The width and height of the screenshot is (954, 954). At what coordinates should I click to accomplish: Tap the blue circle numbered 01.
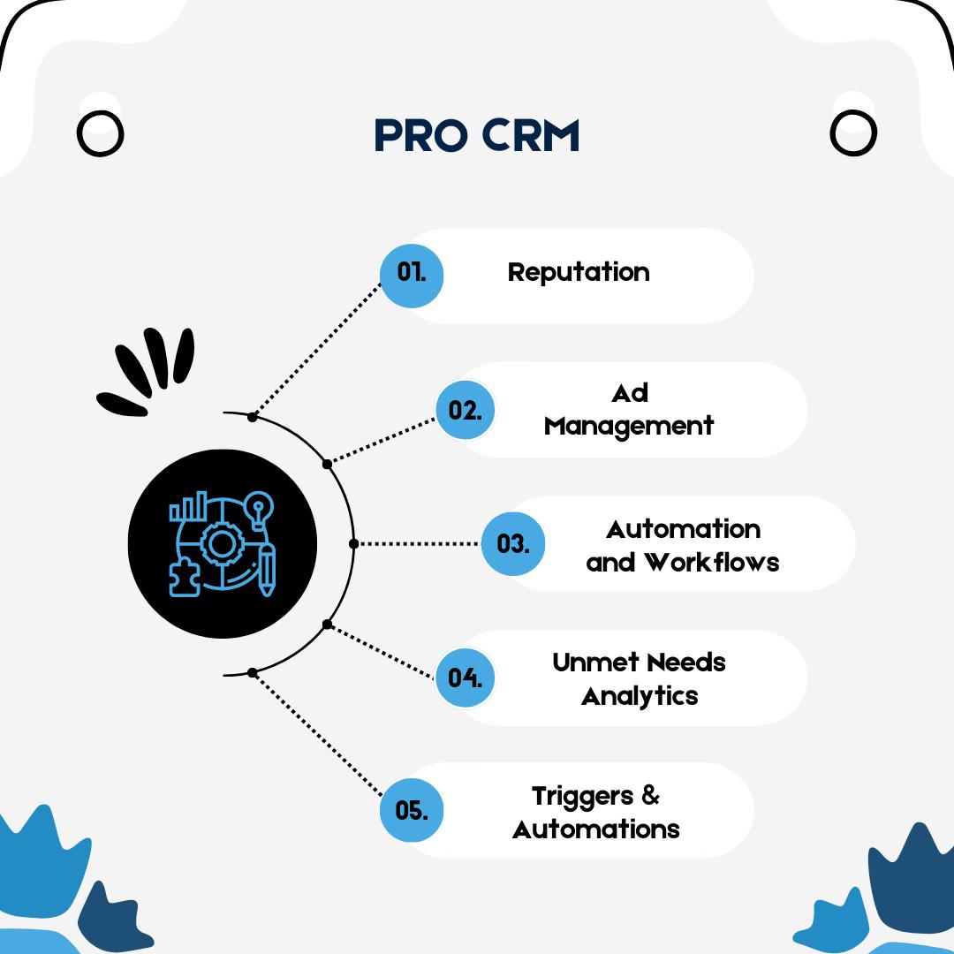[412, 276]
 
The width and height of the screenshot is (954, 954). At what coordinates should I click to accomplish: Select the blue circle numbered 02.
[466, 410]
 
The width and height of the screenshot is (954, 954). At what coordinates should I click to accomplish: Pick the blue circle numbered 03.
[513, 543]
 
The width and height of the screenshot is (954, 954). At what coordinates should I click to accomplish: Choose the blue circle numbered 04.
[466, 678]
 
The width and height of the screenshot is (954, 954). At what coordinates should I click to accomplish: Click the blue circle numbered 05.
[412, 810]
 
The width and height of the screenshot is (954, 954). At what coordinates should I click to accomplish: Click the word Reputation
[579, 273]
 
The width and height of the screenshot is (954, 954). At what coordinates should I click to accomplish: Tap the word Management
[629, 427]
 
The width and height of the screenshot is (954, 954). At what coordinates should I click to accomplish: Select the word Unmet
[587, 662]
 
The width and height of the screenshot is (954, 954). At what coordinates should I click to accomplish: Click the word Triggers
[582, 797]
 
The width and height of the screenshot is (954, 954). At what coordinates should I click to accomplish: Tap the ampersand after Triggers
[650, 795]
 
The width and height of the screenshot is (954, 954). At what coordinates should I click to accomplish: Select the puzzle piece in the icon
[185, 578]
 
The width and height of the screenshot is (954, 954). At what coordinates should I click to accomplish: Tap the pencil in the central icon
[267, 570]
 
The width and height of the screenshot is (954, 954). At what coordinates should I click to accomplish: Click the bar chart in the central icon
[188, 506]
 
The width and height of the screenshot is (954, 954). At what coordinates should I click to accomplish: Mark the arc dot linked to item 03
[353, 543]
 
